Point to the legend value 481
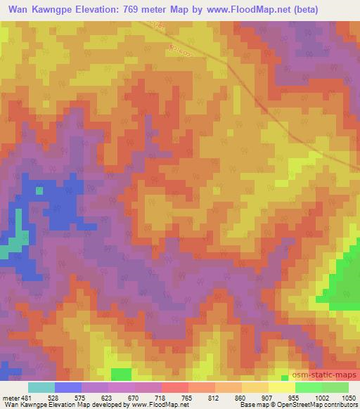(27, 397)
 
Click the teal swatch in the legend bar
(41, 387)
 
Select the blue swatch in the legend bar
(68, 387)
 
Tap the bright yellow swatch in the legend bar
(281, 387)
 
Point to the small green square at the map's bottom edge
(121, 374)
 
